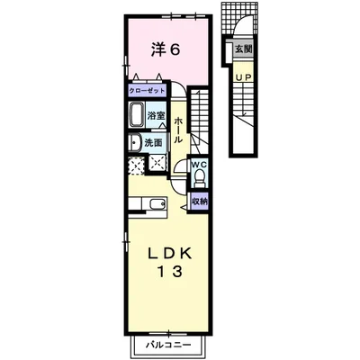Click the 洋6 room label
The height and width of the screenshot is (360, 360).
166,49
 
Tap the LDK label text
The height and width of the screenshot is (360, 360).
169,255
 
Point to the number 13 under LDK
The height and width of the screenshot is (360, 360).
170,272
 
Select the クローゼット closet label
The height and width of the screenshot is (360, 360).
147,90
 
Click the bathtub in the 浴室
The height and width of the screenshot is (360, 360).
137,114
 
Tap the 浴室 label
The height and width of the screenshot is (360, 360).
157,115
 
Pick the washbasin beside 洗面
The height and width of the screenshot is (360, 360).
134,143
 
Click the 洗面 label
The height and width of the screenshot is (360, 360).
153,143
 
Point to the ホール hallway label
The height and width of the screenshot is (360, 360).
178,130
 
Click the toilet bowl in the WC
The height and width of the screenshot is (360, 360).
199,175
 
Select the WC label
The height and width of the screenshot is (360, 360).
199,165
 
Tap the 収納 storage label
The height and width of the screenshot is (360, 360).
199,202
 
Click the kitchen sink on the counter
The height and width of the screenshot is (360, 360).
157,204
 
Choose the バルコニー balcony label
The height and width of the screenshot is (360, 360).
168,345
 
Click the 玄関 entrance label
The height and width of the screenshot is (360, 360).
243,49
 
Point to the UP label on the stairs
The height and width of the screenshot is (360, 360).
243,77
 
